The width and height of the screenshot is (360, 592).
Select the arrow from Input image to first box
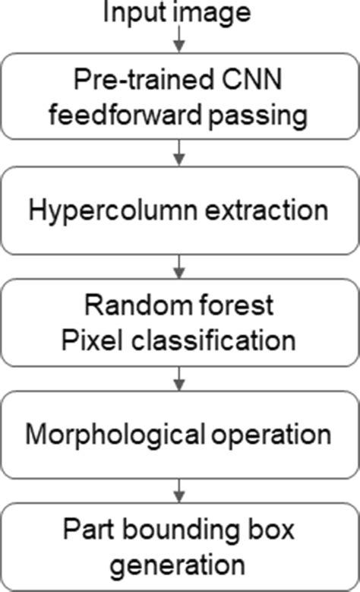178,38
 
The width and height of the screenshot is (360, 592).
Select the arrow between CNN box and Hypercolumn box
178,153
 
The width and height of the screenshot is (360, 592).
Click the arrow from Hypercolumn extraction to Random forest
178,264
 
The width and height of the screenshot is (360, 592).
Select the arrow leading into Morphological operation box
178,378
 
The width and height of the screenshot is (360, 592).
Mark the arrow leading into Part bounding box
178,489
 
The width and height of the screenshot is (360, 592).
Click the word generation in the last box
179,563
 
